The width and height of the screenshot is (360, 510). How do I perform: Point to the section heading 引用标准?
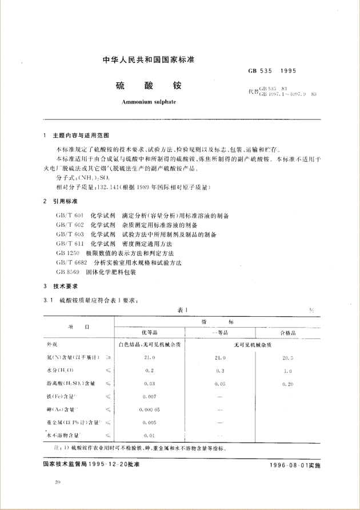click(x=65, y=202)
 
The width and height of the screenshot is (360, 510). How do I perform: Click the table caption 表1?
click(x=182, y=309)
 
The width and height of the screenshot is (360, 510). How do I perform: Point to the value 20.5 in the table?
click(x=288, y=357)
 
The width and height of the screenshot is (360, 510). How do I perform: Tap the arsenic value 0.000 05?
click(x=150, y=409)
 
